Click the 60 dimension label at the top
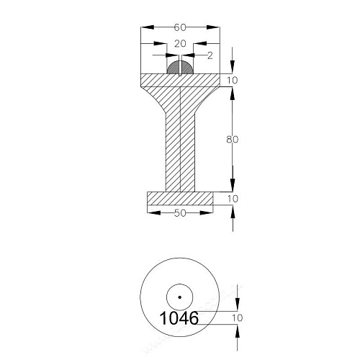coord(180,27)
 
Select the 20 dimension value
coord(180,44)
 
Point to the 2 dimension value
coord(210,55)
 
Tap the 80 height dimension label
coord(233,139)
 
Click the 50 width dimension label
coord(180,213)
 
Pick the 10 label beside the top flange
coord(233,80)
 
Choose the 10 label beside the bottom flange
coord(233,199)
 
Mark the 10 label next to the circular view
coord(238,318)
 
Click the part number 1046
coord(179,318)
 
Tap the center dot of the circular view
coord(179,297)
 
